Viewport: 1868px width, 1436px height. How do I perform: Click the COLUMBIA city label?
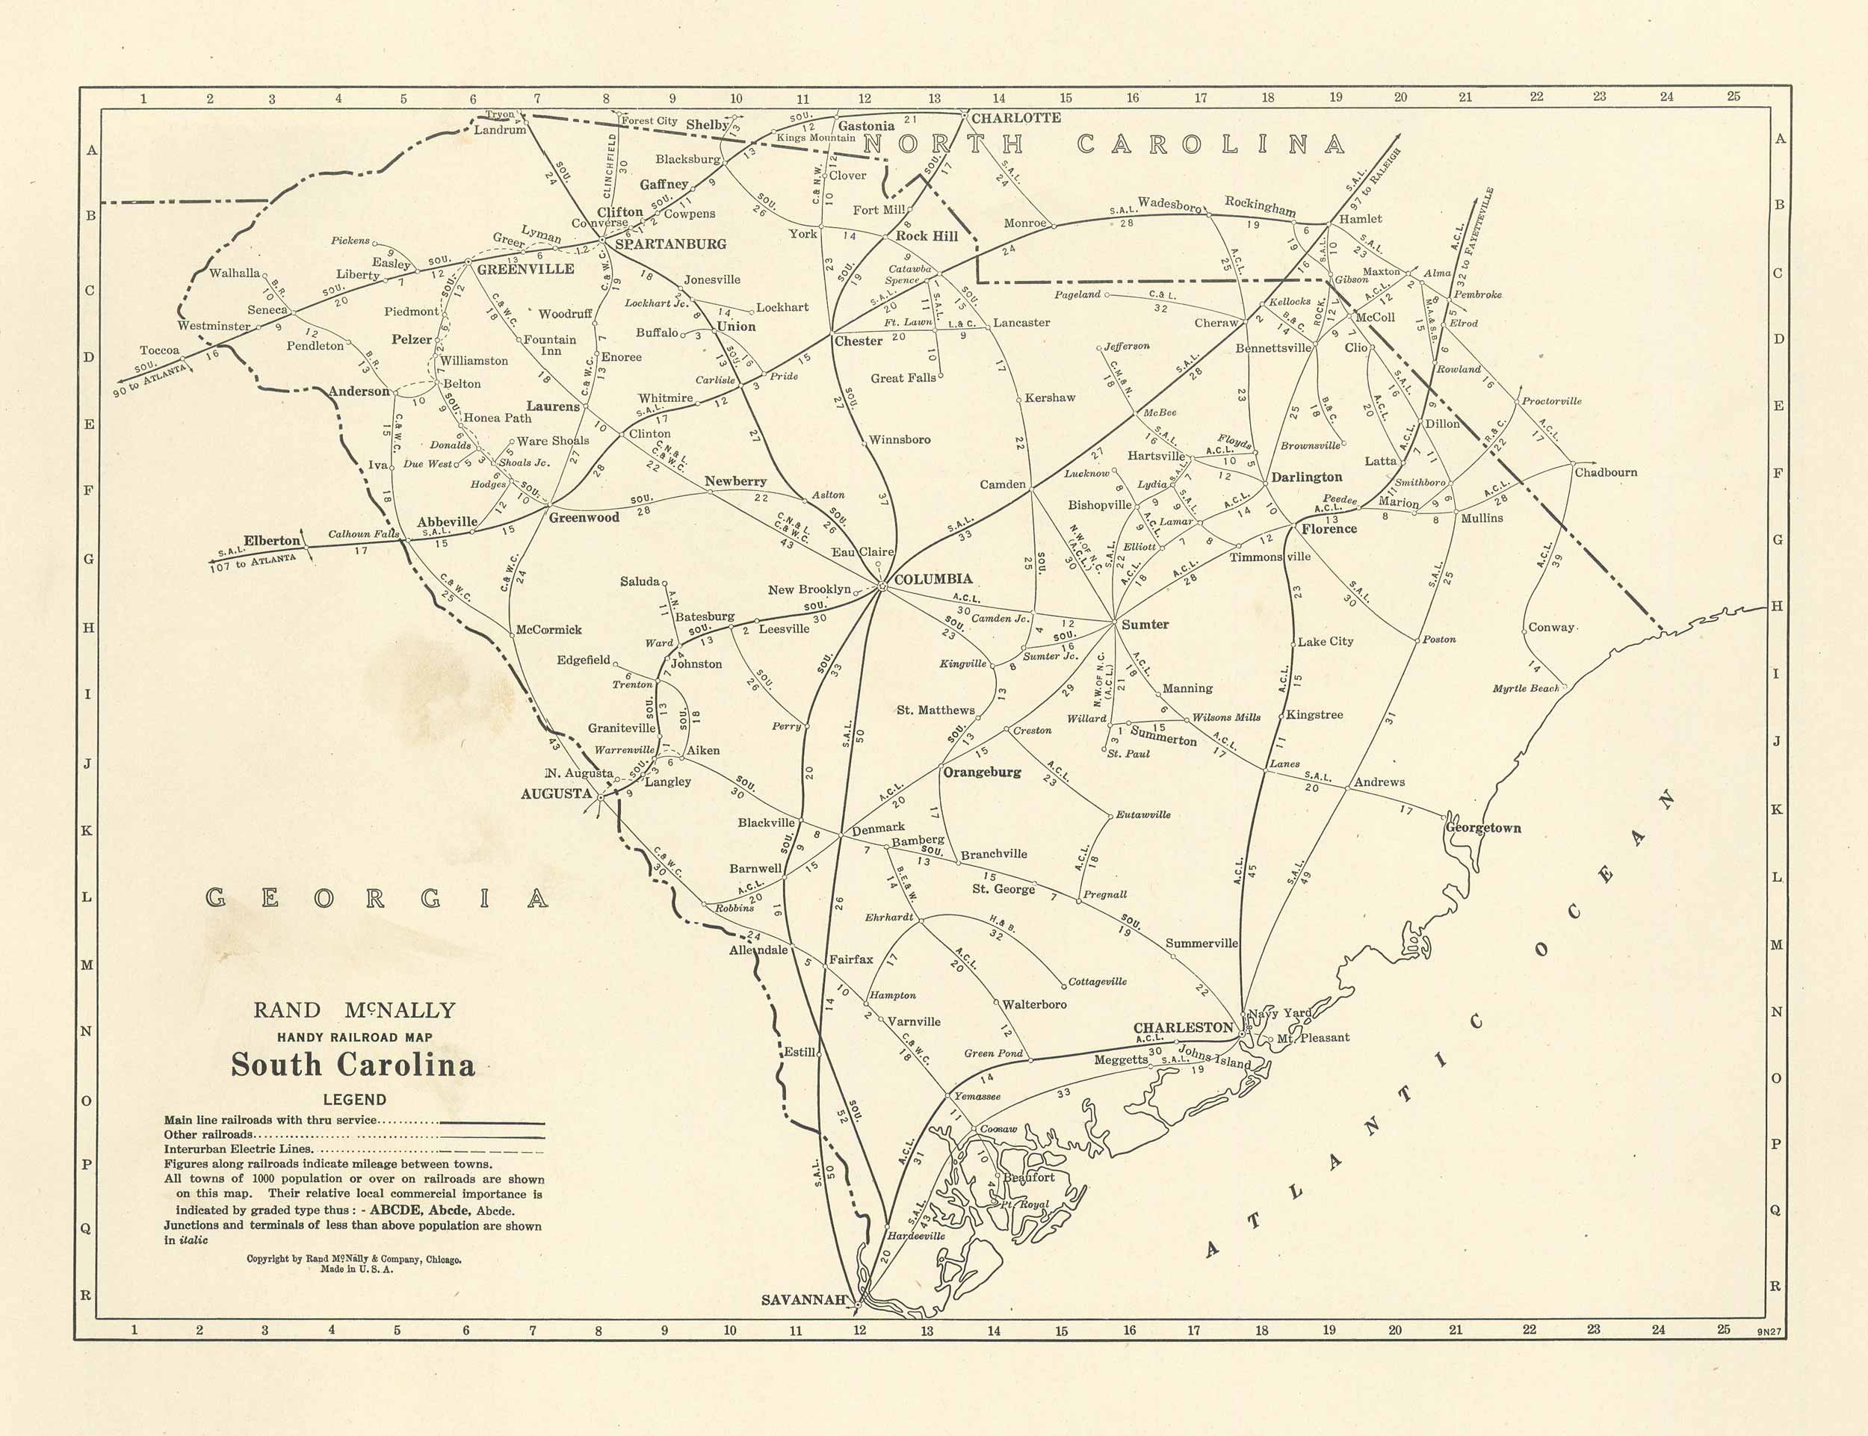933,579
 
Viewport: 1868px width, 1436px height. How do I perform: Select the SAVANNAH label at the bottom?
804,1300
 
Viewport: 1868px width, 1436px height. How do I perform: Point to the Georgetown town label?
1483,827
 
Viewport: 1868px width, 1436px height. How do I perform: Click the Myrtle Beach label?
1526,688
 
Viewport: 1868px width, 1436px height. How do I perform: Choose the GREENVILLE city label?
525,268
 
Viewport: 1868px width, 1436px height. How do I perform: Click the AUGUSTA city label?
556,793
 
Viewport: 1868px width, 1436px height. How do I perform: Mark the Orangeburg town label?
982,772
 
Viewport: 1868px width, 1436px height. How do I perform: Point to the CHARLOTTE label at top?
1015,118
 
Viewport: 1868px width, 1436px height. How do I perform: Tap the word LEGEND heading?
354,1100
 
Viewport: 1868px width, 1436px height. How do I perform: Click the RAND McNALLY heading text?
354,1010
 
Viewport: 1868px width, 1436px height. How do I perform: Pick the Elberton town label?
272,540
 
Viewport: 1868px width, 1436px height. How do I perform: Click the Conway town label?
1551,627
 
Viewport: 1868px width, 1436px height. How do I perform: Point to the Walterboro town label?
1033,1004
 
